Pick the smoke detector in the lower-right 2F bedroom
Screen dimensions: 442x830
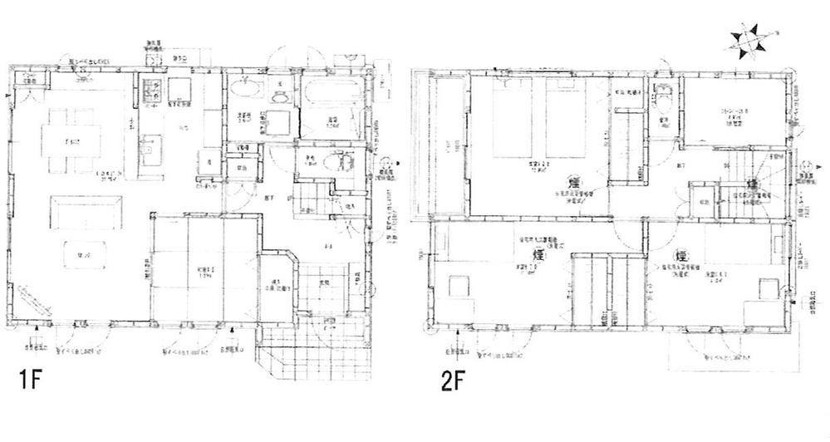click(681, 255)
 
